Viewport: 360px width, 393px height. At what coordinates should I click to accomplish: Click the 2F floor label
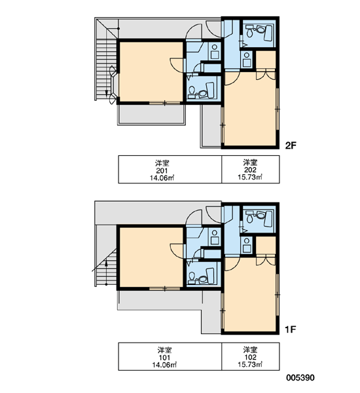pyautogui.click(x=291, y=145)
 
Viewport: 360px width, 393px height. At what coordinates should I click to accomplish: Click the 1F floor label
pyautogui.click(x=291, y=329)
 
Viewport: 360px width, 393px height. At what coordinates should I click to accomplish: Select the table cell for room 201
pyautogui.click(x=170, y=170)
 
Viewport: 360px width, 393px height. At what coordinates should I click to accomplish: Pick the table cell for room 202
pyautogui.click(x=251, y=170)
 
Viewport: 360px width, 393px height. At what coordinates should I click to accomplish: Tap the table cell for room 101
pyautogui.click(x=170, y=356)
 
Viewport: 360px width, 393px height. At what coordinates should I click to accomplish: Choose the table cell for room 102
pyautogui.click(x=251, y=356)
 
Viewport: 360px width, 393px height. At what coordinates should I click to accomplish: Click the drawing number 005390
pyautogui.click(x=300, y=378)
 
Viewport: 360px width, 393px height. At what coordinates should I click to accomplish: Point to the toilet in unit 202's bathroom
pyautogui.click(x=249, y=32)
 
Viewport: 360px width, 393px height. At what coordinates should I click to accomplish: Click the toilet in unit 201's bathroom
pyautogui.click(x=192, y=92)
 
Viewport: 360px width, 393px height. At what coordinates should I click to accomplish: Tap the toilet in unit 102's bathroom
pyautogui.click(x=249, y=217)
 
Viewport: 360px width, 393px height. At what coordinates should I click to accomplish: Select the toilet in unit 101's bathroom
pyautogui.click(x=192, y=278)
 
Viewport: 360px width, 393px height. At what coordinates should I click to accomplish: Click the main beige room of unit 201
pyautogui.click(x=151, y=71)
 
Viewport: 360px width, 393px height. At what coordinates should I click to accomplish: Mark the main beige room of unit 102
pyautogui.click(x=251, y=295)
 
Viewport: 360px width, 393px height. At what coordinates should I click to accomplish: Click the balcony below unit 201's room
pyautogui.click(x=152, y=114)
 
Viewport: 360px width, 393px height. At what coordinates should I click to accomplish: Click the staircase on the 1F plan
pyautogui.click(x=106, y=267)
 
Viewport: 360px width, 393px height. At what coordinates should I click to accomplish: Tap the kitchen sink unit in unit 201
pyautogui.click(x=215, y=52)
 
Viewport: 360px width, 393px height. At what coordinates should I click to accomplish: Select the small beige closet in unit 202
pyautogui.click(x=266, y=60)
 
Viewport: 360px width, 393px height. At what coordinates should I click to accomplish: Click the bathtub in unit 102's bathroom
pyautogui.click(x=268, y=218)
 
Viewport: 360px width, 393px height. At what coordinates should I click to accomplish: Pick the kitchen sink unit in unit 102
pyautogui.click(x=247, y=245)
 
